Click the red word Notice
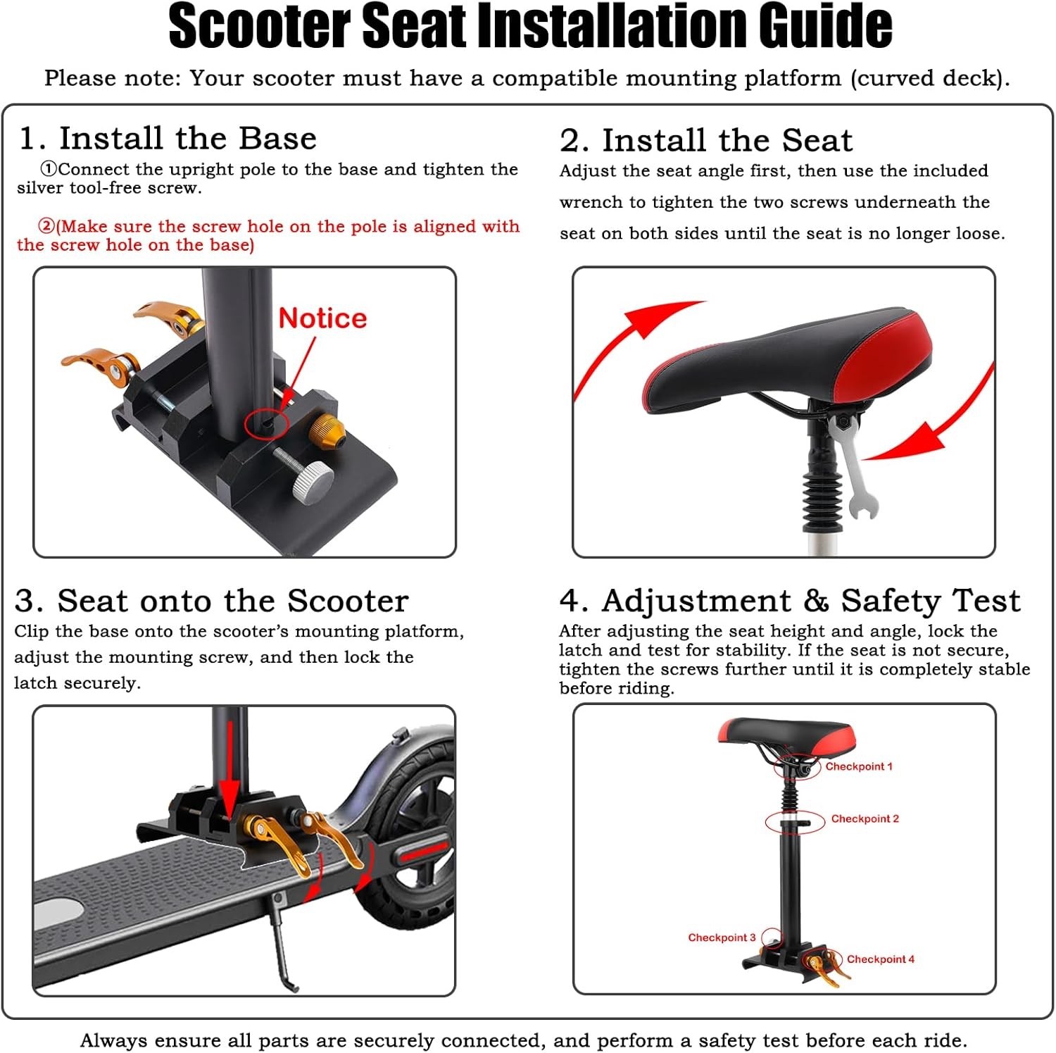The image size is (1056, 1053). pyautogui.click(x=322, y=318)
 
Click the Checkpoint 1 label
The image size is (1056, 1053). pyautogui.click(x=859, y=766)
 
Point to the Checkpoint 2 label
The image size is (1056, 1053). pyautogui.click(x=865, y=818)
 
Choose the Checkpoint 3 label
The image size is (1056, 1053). pyautogui.click(x=722, y=937)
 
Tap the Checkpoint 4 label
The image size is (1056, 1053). pyautogui.click(x=881, y=959)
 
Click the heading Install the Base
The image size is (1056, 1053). pyautogui.click(x=188, y=138)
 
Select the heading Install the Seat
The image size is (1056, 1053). pyautogui.click(x=727, y=140)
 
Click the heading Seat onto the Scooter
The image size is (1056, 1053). pyautogui.click(x=233, y=601)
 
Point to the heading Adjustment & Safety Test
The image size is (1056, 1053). pyautogui.click(x=811, y=601)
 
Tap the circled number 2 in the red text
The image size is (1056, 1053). pyautogui.click(x=46, y=226)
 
